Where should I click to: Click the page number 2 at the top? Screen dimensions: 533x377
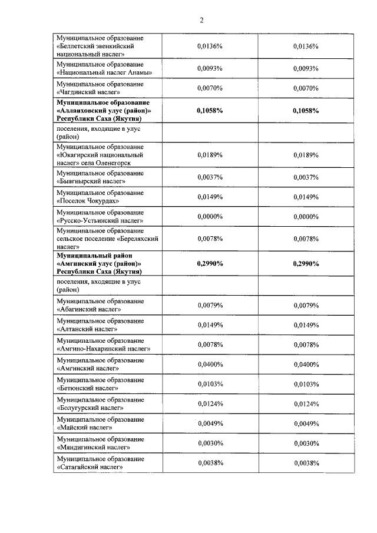pos(201,20)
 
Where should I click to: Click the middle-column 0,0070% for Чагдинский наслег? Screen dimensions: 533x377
pos(209,88)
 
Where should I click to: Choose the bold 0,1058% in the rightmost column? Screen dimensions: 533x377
pos(306,110)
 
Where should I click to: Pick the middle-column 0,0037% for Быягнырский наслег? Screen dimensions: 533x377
pos(209,177)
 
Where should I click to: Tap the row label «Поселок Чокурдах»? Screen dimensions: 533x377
pos(100,197)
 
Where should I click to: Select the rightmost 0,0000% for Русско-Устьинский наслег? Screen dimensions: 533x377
pos(306,216)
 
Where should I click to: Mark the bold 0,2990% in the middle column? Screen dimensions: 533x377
pos(209,263)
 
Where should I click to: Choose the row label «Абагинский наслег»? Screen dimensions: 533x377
pos(100,305)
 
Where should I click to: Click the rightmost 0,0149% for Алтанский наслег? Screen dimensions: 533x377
pos(306,325)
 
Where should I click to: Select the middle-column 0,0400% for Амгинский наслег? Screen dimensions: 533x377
pos(209,365)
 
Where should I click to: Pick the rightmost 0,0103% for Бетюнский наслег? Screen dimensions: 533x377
pos(306,384)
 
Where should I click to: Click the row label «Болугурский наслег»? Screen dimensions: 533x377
pos(100,404)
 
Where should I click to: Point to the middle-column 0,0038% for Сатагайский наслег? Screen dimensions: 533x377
pos(209,463)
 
